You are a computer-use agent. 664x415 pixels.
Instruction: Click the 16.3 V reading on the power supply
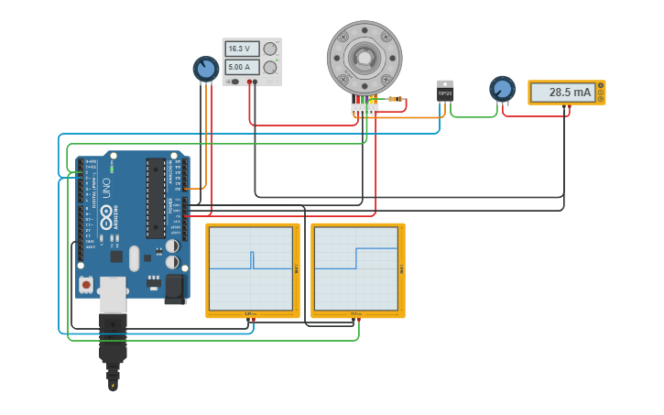pyautogui.click(x=241, y=49)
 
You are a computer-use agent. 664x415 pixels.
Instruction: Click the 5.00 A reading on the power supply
pyautogui.click(x=241, y=67)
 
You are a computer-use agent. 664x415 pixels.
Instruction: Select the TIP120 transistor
pyautogui.click(x=445, y=92)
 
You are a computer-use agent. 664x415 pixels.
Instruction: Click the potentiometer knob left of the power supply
pyautogui.click(x=206, y=69)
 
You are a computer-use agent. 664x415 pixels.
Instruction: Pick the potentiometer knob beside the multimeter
pyautogui.click(x=502, y=89)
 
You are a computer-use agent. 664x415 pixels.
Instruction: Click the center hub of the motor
pyautogui.click(x=365, y=58)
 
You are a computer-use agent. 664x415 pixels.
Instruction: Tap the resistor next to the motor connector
pyautogui.click(x=395, y=98)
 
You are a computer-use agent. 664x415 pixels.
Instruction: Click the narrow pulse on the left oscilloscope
pyautogui.click(x=253, y=260)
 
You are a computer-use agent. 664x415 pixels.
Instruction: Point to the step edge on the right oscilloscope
pyautogui.click(x=356, y=257)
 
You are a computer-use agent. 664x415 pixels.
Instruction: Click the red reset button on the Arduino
pyautogui.click(x=86, y=285)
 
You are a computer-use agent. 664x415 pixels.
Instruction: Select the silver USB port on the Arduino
pyautogui.click(x=113, y=295)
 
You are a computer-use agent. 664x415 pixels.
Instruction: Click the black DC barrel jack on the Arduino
pyautogui.click(x=174, y=289)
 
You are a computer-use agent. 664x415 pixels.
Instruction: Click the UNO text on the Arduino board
pyautogui.click(x=105, y=187)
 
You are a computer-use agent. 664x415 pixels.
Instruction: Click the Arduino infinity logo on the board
pyautogui.click(x=106, y=218)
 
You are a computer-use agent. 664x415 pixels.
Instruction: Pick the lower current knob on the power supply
pyautogui.click(x=270, y=67)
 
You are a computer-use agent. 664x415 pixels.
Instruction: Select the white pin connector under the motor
pyautogui.click(x=365, y=108)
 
